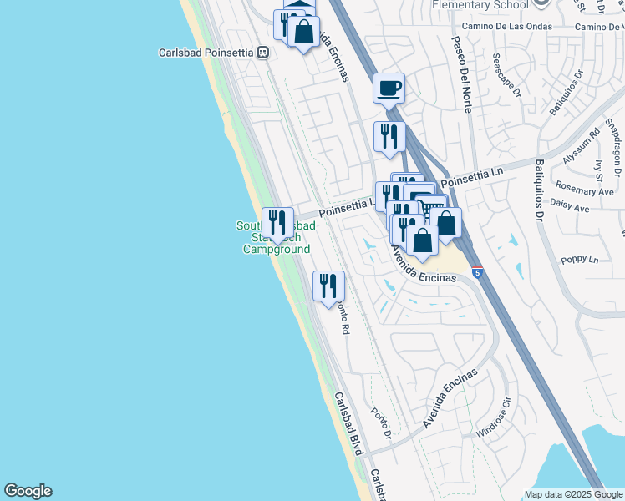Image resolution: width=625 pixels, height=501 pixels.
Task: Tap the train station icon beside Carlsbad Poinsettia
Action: tap(263, 53)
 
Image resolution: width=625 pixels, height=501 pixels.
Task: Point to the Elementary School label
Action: tap(480, 5)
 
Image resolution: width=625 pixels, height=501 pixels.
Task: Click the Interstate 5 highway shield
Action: tap(476, 272)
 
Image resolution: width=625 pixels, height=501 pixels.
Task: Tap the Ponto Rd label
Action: tap(341, 316)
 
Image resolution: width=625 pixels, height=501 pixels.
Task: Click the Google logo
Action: tap(28, 491)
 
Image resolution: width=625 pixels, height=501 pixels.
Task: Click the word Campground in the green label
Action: tap(277, 249)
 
